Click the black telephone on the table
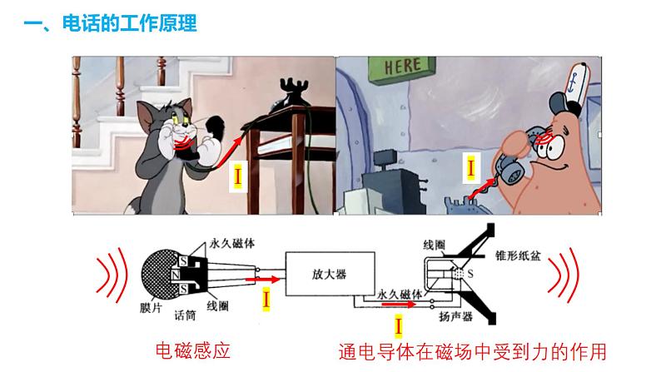coord(292,92)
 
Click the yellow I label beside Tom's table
coord(238,176)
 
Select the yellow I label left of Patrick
coord(471,169)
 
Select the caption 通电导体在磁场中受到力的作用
coord(473,351)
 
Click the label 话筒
coord(186,315)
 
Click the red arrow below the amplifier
coord(400,305)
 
